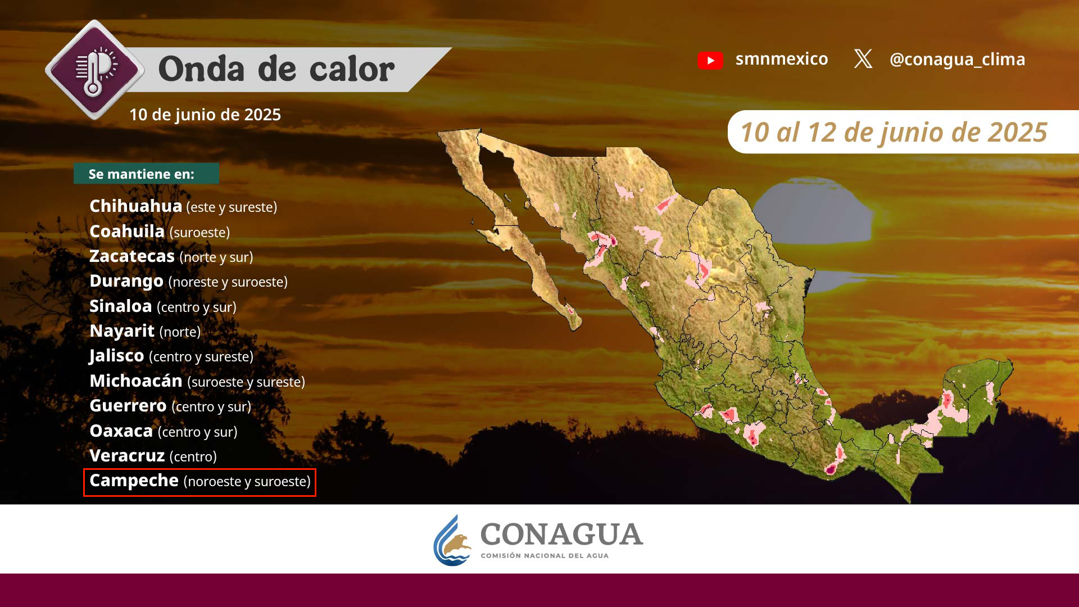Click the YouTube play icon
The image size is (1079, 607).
(710, 60)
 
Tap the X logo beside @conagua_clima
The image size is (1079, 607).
(863, 58)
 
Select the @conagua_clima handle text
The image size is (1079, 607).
(957, 59)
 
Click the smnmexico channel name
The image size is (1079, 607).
(782, 58)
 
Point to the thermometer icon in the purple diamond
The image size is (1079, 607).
(93, 70)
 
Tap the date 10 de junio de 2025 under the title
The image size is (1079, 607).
(205, 115)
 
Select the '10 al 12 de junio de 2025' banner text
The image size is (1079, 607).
(894, 133)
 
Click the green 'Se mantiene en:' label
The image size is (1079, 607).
(146, 174)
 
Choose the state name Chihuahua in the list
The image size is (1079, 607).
(135, 206)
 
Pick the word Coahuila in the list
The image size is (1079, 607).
(127, 231)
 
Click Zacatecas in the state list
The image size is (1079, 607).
(132, 256)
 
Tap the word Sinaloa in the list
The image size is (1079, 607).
(121, 306)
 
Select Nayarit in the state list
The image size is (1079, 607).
(122, 331)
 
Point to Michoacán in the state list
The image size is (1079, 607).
(136, 380)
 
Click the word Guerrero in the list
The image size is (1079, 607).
(128, 405)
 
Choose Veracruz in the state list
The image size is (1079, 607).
(127, 455)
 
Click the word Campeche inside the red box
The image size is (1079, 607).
(134, 481)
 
